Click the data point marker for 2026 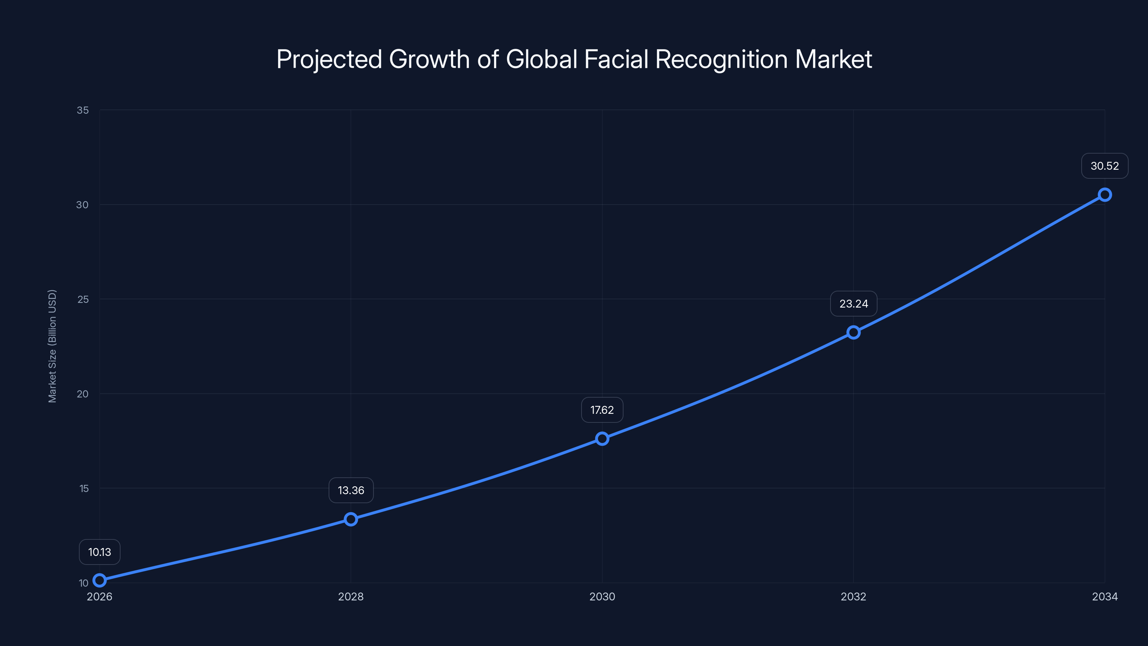click(x=99, y=580)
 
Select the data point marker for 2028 click(x=351, y=519)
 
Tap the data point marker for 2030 click(x=602, y=439)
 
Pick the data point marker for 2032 click(x=853, y=332)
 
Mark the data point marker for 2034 click(x=1105, y=195)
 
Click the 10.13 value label click(x=99, y=552)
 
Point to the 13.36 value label click(x=351, y=490)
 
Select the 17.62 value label click(x=602, y=410)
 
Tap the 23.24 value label click(x=853, y=304)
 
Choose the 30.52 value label click(x=1105, y=166)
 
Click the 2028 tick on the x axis click(x=351, y=596)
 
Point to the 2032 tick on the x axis click(x=853, y=596)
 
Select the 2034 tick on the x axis click(x=1105, y=596)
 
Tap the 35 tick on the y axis click(x=83, y=110)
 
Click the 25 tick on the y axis click(x=83, y=299)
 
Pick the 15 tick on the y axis click(x=84, y=488)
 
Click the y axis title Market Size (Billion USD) click(x=52, y=346)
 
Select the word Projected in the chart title click(x=329, y=59)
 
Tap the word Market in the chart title click(x=833, y=59)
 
